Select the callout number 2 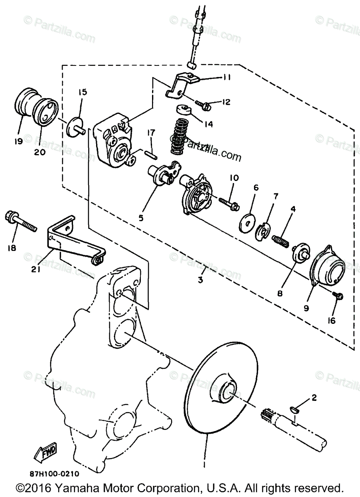314,398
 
